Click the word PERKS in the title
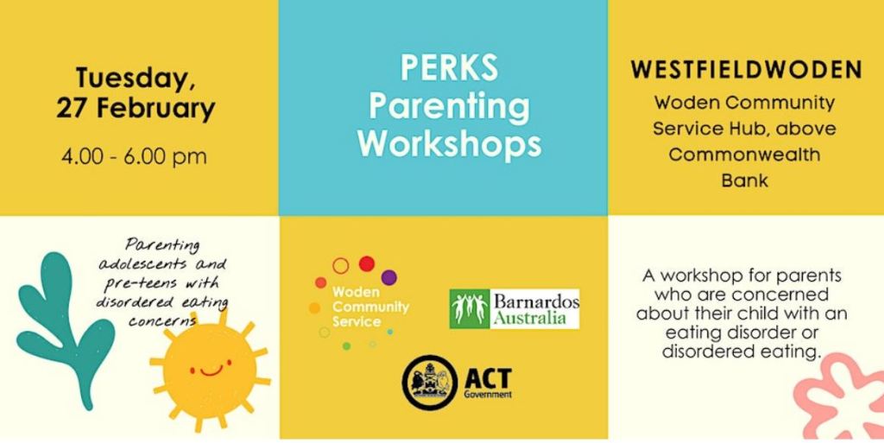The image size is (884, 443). point(449,67)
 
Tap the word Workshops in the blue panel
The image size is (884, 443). point(449,144)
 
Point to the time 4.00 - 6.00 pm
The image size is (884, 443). point(134,156)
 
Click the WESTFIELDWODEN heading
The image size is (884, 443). point(747,70)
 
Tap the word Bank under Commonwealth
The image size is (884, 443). point(745,180)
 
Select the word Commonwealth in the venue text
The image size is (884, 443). point(745,155)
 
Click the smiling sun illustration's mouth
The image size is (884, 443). point(211,370)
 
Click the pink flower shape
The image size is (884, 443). point(840,397)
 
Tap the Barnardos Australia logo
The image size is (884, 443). point(515,309)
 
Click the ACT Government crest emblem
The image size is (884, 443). point(430,383)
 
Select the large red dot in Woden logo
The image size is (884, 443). point(367,263)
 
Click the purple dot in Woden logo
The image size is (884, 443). point(389,277)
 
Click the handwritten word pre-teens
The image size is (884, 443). point(140,283)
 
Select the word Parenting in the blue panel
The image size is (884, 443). point(449,106)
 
